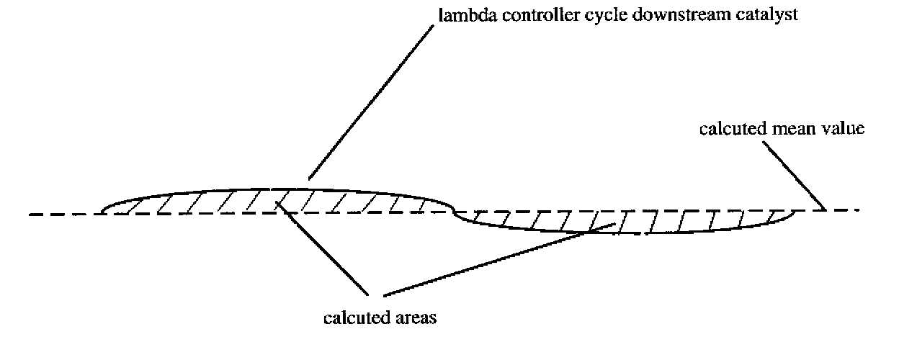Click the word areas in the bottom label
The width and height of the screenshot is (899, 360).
coord(416,318)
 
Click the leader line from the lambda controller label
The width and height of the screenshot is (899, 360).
coord(375,101)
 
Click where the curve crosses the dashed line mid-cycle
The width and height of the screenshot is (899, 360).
coord(454,211)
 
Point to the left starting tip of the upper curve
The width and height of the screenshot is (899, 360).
coord(103,212)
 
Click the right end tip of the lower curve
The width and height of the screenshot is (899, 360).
coord(795,211)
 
